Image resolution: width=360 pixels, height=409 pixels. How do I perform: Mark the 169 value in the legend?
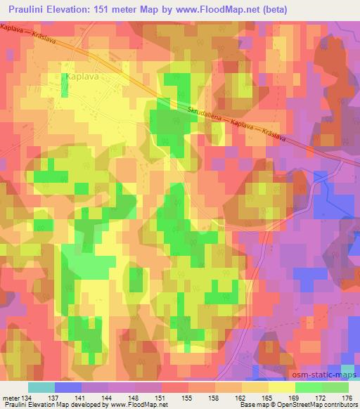coord(300,398)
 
